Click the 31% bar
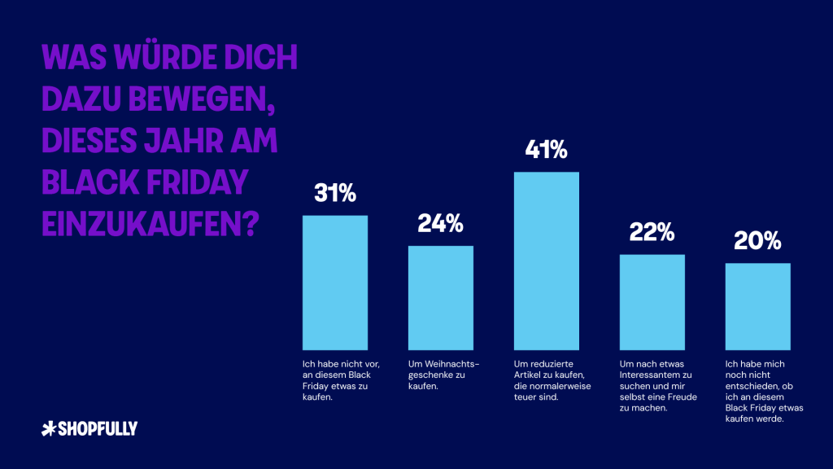[334, 283]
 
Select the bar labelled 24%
[440, 298]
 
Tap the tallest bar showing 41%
[546, 261]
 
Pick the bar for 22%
[652, 302]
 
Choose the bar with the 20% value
[757, 306]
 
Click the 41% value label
[546, 150]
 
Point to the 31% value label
[334, 193]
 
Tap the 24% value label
[440, 223]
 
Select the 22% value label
[652, 232]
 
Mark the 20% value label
[757, 241]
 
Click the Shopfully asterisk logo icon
[48, 428]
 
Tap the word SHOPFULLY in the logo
[98, 428]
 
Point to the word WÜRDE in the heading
[164, 56]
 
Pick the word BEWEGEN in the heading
[202, 99]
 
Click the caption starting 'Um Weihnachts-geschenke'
[443, 375]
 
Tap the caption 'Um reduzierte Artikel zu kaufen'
[552, 380]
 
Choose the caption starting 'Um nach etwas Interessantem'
[658, 386]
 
